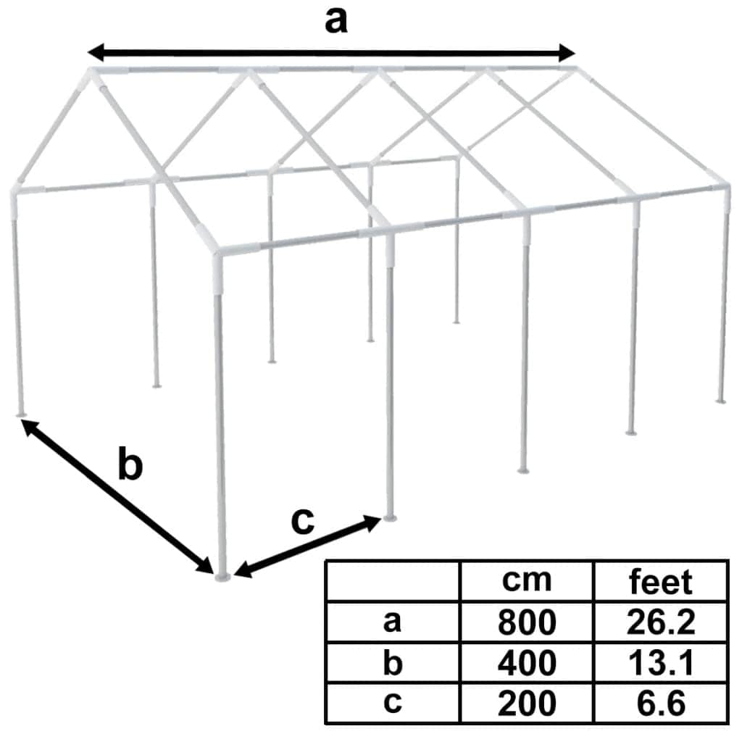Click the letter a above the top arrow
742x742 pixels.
point(335,22)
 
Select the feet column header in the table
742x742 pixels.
point(660,582)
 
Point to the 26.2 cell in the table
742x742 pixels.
point(660,622)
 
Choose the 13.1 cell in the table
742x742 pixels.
point(660,662)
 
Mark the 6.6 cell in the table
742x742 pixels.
point(660,702)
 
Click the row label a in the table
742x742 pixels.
point(393,622)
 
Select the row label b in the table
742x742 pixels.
point(393,662)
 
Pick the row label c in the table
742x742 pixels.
point(393,702)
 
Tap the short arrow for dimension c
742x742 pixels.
point(309,547)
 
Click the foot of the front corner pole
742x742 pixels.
point(222,575)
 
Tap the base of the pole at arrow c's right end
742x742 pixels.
point(391,517)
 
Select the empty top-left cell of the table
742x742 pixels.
point(393,580)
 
